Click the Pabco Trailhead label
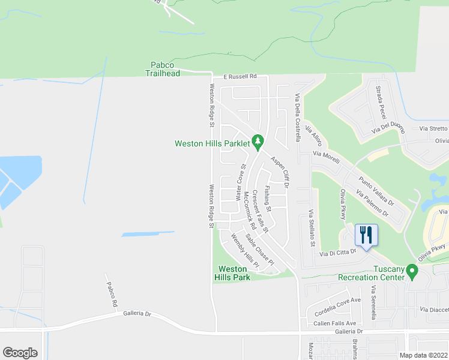point(163,69)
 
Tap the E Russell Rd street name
point(240,77)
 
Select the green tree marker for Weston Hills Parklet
point(258,142)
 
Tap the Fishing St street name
point(268,199)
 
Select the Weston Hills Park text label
point(234,274)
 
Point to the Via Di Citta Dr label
point(338,253)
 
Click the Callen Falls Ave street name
point(335,323)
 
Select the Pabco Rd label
point(112,295)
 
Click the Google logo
point(20,353)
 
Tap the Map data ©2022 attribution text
point(424,355)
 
